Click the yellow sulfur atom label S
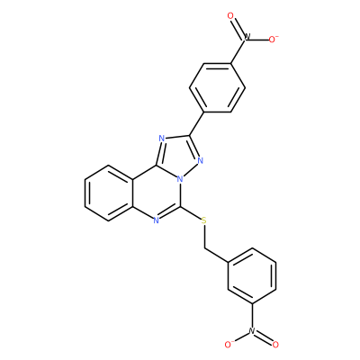204,221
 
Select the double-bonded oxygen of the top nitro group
230,16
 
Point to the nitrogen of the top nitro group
247,38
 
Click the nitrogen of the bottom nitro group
252,330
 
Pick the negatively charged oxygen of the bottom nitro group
229,344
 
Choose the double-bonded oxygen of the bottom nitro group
275,345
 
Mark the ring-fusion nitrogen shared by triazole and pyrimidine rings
180,179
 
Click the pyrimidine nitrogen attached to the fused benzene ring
156,221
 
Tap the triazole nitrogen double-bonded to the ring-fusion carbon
162,139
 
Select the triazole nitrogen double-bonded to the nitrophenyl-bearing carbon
201,160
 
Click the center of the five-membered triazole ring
177,156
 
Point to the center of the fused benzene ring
109,193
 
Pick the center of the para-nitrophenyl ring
217,87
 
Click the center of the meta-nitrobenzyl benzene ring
252,275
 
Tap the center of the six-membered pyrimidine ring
157,193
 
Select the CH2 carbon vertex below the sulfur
204,248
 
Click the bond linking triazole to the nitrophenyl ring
196,123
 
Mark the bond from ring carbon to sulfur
191,212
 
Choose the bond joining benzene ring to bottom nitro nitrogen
252,315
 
